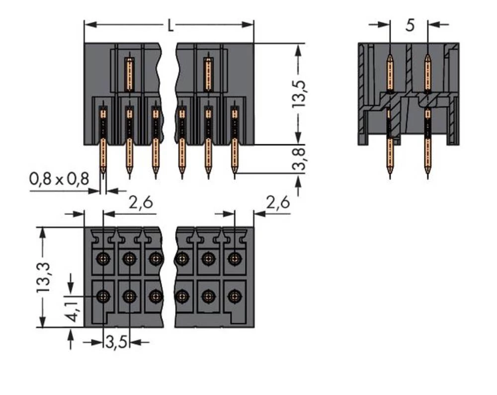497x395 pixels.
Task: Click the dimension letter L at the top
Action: coord(170,25)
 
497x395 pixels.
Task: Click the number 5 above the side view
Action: coord(409,25)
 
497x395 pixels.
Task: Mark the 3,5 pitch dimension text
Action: coord(116,342)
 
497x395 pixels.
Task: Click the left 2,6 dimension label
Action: coord(141,203)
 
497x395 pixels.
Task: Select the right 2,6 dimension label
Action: coord(278,203)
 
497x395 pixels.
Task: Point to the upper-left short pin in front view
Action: coord(129,75)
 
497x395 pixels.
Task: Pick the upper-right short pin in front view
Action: coord(208,75)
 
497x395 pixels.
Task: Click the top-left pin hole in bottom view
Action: coord(103,258)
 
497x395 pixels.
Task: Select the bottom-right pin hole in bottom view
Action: coord(234,297)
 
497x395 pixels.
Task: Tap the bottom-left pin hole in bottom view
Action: coord(103,297)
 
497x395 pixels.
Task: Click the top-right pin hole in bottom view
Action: coord(234,258)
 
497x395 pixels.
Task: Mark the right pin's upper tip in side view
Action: coord(427,56)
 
